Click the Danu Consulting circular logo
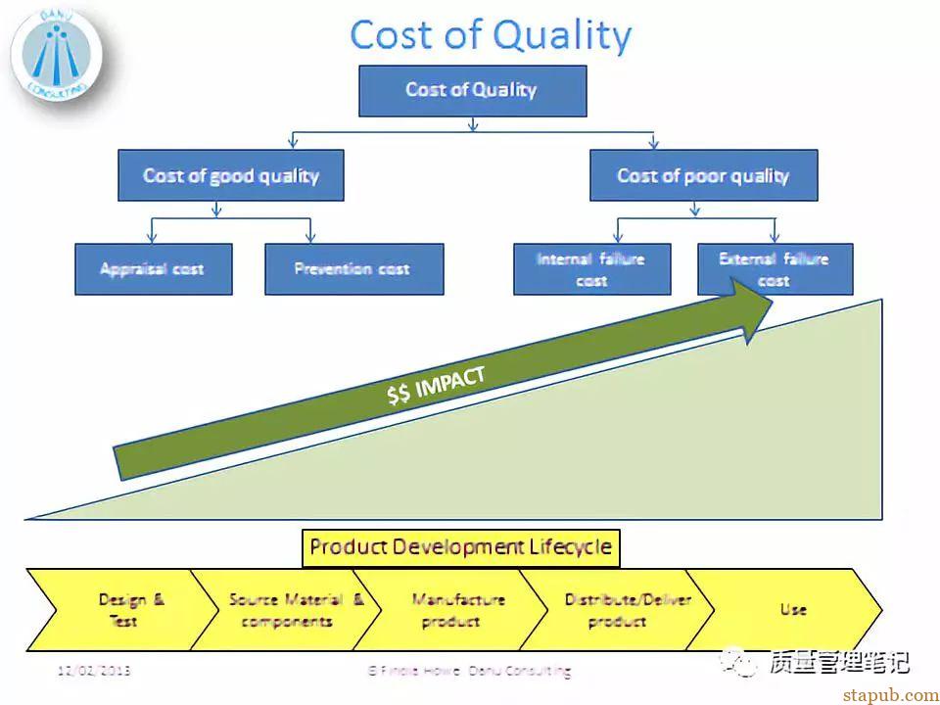coord(55,54)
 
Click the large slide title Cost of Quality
coord(490,35)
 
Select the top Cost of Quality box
coord(472,91)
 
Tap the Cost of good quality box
coord(230,175)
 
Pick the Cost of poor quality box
coord(703,175)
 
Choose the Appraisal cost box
coord(153,269)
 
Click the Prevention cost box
coord(353,269)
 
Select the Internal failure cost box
coord(591,269)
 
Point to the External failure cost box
coord(774,269)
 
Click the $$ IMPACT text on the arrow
coord(436,385)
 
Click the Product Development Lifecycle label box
coord(460,547)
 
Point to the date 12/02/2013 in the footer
coord(94,671)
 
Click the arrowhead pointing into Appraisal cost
coord(152,238)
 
